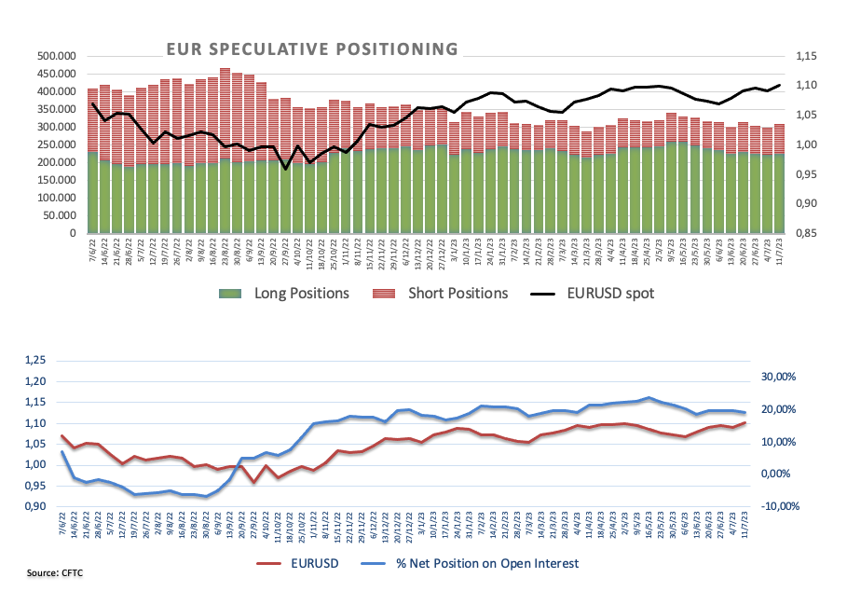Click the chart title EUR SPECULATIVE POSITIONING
311,48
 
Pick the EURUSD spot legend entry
596,293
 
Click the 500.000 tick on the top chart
57,57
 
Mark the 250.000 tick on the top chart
57,144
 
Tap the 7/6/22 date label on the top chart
90,252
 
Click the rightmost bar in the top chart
779,177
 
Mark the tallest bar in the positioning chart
225,149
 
